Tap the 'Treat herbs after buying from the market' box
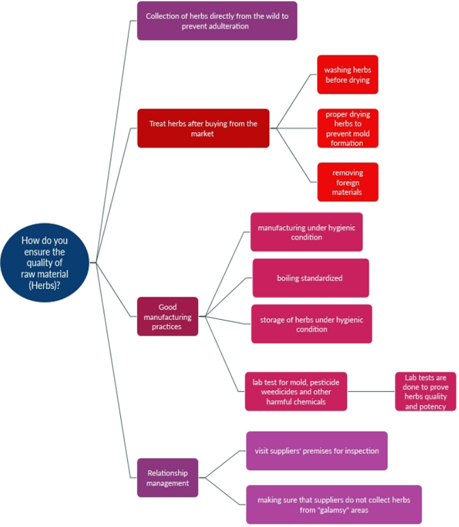click(x=202, y=128)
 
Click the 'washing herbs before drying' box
click(x=347, y=75)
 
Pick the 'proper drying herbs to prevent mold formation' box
click(x=347, y=128)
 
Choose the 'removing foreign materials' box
click(x=347, y=182)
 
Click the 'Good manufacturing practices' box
click(x=167, y=316)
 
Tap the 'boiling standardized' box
click(x=310, y=278)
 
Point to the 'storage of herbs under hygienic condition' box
click(x=311, y=324)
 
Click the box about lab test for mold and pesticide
click(x=296, y=392)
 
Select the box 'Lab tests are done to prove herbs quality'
click(x=425, y=392)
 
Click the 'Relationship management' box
click(x=167, y=478)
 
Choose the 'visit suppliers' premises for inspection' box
click(x=316, y=451)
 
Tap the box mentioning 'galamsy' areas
click(x=334, y=504)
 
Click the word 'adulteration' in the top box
click(x=225, y=27)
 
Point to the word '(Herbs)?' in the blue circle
click(x=45, y=285)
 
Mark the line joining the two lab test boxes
click(x=371, y=392)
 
